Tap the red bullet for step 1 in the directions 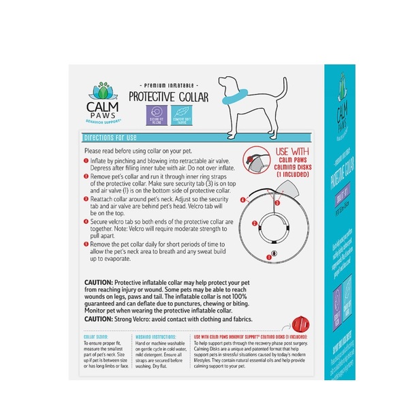pyautogui.click(x=86, y=161)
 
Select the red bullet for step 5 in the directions pyautogui.click(x=86, y=244)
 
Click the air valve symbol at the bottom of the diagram pyautogui.click(x=273, y=253)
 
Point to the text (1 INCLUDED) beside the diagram pyautogui.click(x=294, y=175)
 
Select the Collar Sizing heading pyautogui.click(x=95, y=336)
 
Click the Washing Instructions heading pyautogui.click(x=153, y=336)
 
